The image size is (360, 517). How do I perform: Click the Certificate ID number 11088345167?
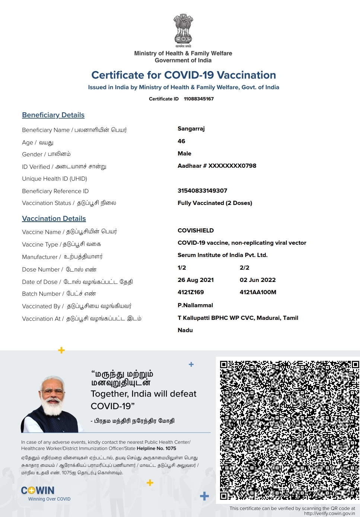199,99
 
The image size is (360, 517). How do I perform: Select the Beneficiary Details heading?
53,115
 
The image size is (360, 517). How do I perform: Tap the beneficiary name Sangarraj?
191,129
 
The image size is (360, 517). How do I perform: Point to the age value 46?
181,141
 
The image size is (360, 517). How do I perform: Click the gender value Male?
184,154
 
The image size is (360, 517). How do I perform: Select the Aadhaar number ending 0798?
217,166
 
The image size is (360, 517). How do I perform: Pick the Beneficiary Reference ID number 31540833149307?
202,191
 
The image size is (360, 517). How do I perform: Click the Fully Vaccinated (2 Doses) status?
215,203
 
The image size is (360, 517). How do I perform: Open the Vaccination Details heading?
54,219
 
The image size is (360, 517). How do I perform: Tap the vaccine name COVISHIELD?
195,231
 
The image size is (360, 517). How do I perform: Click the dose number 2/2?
244,268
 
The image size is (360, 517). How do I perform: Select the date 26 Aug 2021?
195,280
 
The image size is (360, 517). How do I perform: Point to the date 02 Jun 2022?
258,280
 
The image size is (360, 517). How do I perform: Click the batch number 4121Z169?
191,292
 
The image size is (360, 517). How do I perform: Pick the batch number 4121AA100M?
258,292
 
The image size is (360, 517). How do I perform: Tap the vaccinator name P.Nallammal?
195,305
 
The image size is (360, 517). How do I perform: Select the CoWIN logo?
38,491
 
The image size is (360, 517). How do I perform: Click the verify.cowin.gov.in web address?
329,514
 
